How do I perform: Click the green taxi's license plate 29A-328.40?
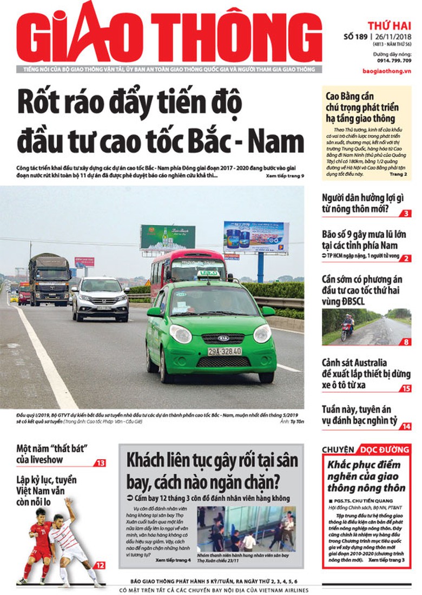coord(225,351)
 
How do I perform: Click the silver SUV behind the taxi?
coord(101,299)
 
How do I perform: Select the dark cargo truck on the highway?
coord(50,279)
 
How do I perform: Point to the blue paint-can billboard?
coord(256,236)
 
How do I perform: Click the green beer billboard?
coord(168,237)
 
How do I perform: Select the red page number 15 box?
coord(406,388)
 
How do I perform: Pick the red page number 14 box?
coord(406,426)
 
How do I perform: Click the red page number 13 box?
coord(101,463)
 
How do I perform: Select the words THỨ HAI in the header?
coord(390,25)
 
